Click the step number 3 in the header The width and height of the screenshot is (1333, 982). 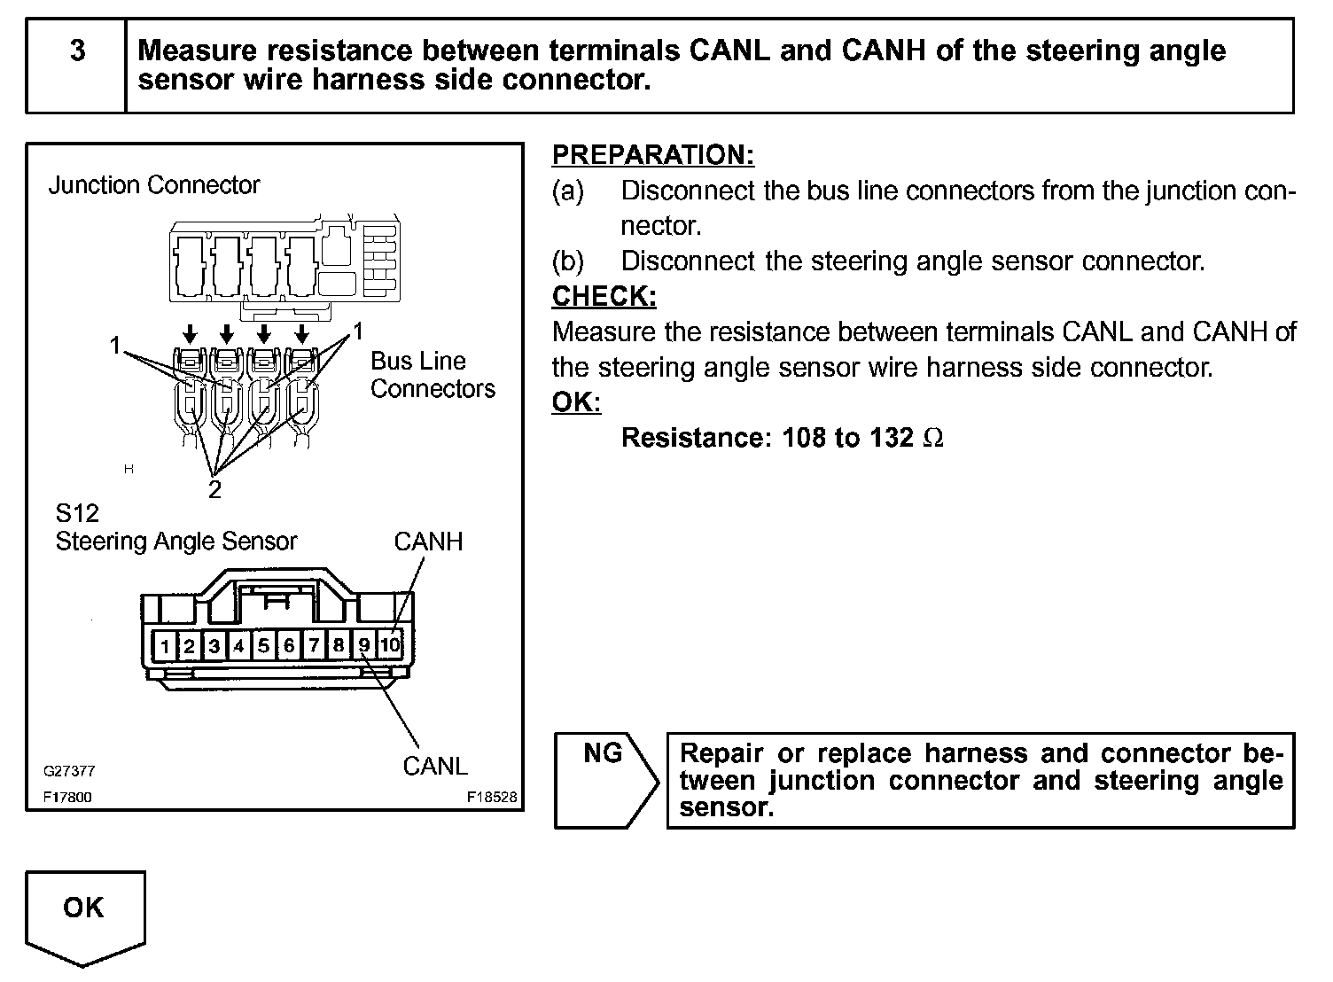pyautogui.click(x=77, y=51)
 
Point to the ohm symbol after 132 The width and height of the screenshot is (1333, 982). pyautogui.click(x=933, y=438)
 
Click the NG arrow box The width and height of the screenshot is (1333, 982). pyautogui.click(x=604, y=779)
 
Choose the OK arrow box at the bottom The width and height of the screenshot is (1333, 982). pyautogui.click(x=84, y=913)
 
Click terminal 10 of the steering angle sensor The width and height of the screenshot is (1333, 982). pyautogui.click(x=390, y=645)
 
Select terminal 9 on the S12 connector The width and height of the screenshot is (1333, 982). pyautogui.click(x=364, y=645)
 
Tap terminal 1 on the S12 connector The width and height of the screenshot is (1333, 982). pyautogui.click(x=165, y=646)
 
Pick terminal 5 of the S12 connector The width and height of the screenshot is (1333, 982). pyautogui.click(x=264, y=646)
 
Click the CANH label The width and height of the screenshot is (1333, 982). pyautogui.click(x=428, y=542)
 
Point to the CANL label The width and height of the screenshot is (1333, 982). pyautogui.click(x=434, y=766)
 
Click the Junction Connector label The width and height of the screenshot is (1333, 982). pyautogui.click(x=154, y=185)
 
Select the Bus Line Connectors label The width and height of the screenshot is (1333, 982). pyautogui.click(x=433, y=375)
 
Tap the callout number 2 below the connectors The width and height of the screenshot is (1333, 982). pyautogui.click(x=214, y=489)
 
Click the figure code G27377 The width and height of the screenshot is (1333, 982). pyautogui.click(x=69, y=772)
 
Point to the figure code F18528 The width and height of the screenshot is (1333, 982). pyautogui.click(x=492, y=797)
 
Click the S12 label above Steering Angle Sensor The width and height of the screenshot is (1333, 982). pyautogui.click(x=77, y=513)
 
